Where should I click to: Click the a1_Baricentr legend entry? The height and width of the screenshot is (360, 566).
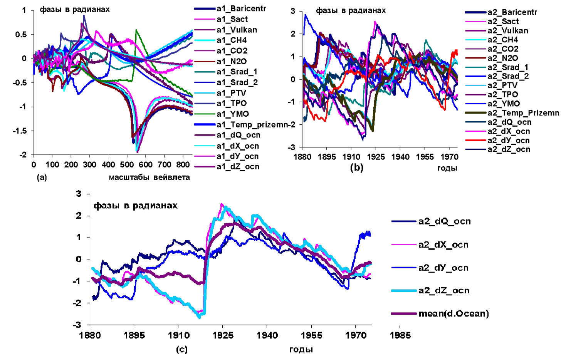click(241, 8)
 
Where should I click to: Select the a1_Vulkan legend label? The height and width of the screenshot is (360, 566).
click(237, 30)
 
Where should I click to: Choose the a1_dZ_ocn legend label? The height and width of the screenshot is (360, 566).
click(238, 167)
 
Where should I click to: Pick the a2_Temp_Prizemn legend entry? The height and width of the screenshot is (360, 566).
click(523, 113)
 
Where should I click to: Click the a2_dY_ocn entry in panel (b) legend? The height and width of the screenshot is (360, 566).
click(509, 141)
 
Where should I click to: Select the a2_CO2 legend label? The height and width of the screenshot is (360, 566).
click(503, 49)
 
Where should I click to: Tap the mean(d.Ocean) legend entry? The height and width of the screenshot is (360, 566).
click(453, 313)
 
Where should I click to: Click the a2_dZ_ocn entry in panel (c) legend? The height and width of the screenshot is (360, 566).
click(444, 290)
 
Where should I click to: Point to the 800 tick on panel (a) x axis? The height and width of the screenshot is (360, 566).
click(183, 165)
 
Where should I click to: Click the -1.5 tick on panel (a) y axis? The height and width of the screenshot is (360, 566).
click(20, 131)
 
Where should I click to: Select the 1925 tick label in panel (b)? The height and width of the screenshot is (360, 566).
click(376, 157)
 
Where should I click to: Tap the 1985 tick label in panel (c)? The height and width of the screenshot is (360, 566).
click(400, 335)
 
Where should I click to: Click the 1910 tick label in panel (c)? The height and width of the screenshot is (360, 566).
click(178, 335)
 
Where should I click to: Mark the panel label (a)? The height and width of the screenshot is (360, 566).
click(42, 177)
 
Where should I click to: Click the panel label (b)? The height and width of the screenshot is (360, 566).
click(356, 167)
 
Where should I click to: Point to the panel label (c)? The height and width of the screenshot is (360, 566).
click(181, 350)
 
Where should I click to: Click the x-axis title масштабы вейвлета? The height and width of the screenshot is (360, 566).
click(149, 177)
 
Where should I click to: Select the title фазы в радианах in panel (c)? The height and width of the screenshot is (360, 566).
click(135, 206)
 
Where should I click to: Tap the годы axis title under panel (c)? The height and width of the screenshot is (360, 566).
click(301, 350)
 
